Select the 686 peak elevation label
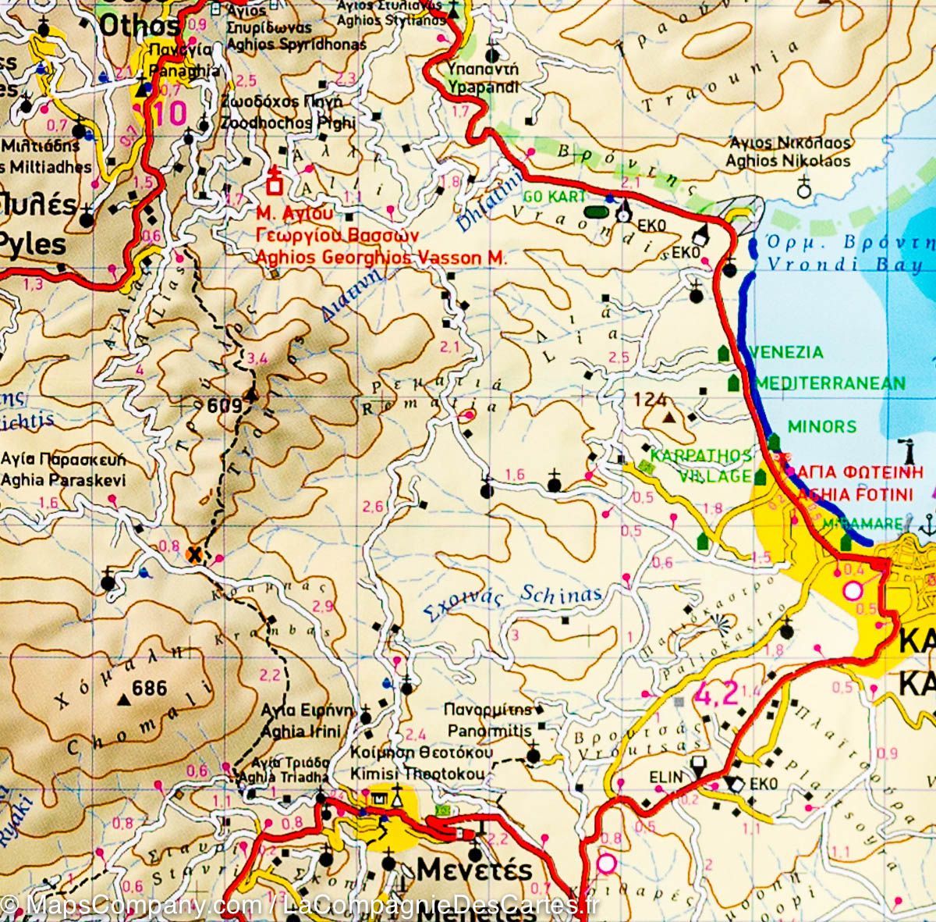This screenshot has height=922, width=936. tap(150, 689)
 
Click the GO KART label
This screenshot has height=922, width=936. tap(553, 196)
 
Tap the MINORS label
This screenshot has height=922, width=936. tap(821, 427)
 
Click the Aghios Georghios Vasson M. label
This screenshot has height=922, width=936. tap(381, 258)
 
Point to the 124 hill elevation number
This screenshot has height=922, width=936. tap(650, 400)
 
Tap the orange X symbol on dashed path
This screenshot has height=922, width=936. tap(195, 554)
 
